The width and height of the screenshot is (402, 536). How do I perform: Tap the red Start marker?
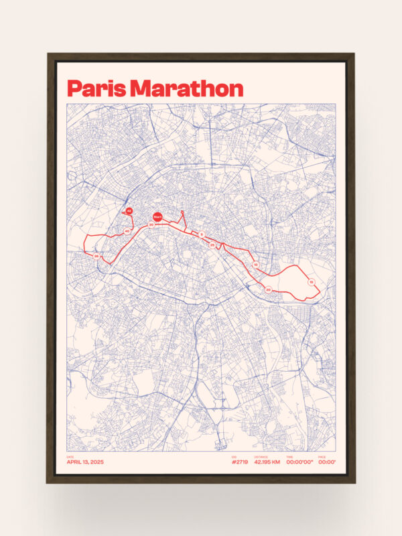[157, 216]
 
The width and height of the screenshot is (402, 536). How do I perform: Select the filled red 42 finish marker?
[129, 211]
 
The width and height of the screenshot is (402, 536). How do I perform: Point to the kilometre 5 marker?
[202, 234]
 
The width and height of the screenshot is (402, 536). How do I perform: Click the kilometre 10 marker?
[255, 265]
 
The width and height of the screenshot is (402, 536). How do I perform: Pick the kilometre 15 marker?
[312, 283]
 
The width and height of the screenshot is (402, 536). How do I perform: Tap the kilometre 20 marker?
[268, 289]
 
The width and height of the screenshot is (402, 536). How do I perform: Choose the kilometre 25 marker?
[212, 245]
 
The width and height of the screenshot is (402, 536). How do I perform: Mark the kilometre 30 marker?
[151, 224]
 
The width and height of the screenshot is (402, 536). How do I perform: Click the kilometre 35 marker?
[96, 256]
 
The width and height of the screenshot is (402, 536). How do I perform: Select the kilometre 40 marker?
[127, 231]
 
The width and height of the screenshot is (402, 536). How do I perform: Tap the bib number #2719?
[239, 462]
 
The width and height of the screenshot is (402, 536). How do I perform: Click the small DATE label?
[70, 457]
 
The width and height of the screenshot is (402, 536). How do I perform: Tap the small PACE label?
[322, 457]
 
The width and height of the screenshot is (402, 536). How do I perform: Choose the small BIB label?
[234, 457]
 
